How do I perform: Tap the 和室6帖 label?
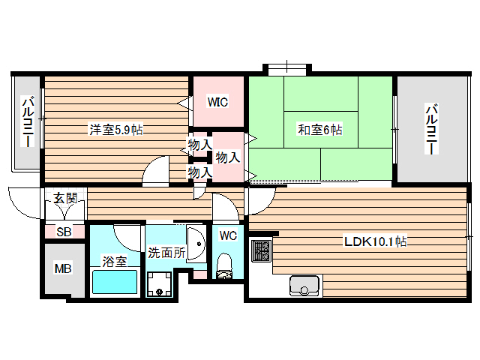[x=320, y=130]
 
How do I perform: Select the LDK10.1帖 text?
[x=375, y=241]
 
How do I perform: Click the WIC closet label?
[x=217, y=102]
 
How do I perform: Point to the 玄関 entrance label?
[x=64, y=198]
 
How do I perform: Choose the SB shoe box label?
[x=64, y=232]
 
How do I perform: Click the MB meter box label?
[x=63, y=268]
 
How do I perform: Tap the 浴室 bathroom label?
[x=114, y=261]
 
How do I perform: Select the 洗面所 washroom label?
[x=166, y=253]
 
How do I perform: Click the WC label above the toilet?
[x=228, y=235]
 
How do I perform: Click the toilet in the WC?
[x=224, y=266]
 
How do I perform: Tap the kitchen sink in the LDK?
[x=304, y=286]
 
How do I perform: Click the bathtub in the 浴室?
[x=114, y=283]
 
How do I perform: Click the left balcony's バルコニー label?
[x=26, y=122]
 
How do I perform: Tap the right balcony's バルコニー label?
[x=431, y=129]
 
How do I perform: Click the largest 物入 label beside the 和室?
[x=227, y=157]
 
